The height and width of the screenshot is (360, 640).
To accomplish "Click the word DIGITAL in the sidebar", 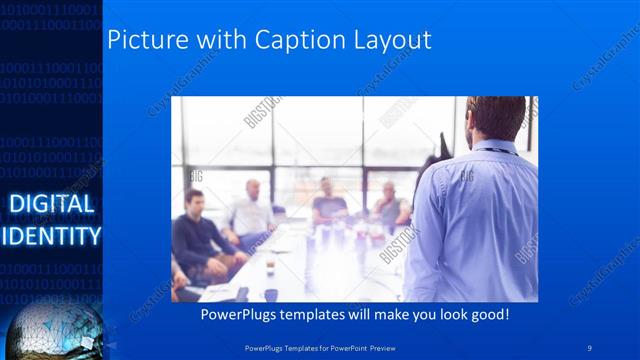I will (51, 205).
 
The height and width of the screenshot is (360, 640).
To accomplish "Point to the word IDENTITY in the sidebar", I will (51, 236).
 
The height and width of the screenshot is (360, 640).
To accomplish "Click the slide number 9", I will (590, 347).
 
